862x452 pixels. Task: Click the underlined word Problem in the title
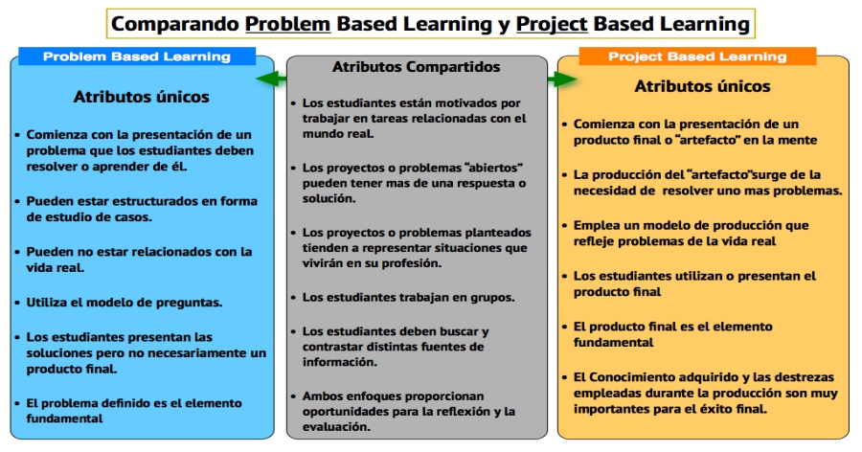(x=287, y=24)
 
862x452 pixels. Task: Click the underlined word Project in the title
(x=552, y=24)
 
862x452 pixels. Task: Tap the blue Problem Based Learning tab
(x=137, y=56)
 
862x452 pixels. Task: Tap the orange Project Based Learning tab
(x=697, y=56)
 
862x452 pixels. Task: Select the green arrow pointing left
(x=272, y=79)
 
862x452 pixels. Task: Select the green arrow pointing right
(x=562, y=79)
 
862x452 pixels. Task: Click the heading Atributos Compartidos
(x=417, y=67)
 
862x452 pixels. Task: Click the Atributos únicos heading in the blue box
(x=142, y=97)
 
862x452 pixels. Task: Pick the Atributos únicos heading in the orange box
(x=703, y=86)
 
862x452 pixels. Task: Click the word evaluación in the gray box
(x=336, y=427)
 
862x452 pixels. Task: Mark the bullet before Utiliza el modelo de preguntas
(x=17, y=303)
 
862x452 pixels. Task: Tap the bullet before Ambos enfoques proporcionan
(x=294, y=396)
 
